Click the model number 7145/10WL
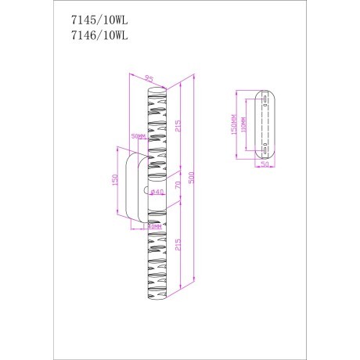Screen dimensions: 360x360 click(93, 20)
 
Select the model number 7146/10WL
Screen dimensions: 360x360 click(93, 34)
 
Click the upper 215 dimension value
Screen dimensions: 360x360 click(179, 125)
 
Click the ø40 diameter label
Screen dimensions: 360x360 click(157, 193)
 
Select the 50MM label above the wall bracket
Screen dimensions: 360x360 click(139, 136)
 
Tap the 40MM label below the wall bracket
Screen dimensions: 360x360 click(154, 227)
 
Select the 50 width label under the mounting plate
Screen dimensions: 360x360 click(264, 166)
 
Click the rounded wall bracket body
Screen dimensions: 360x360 click(133, 184)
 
